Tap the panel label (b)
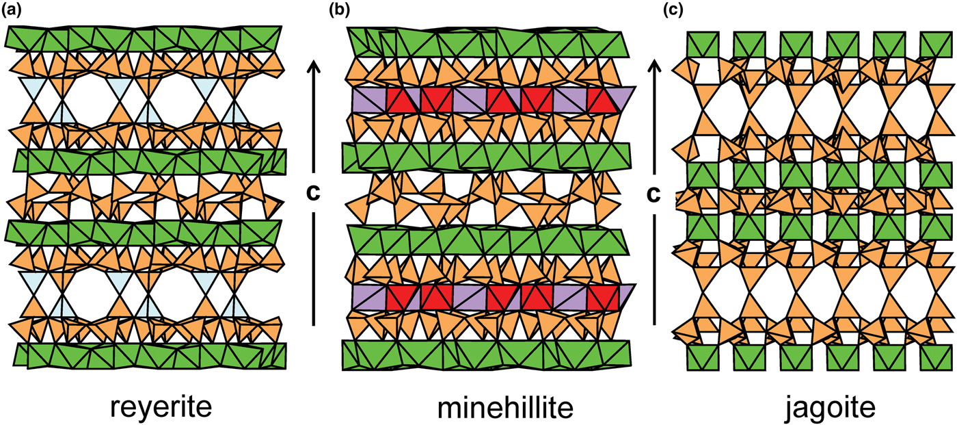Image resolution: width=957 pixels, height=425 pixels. click(x=339, y=11)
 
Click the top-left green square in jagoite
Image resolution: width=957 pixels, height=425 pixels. click(x=700, y=44)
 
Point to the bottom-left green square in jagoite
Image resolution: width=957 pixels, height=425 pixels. click(x=700, y=357)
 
